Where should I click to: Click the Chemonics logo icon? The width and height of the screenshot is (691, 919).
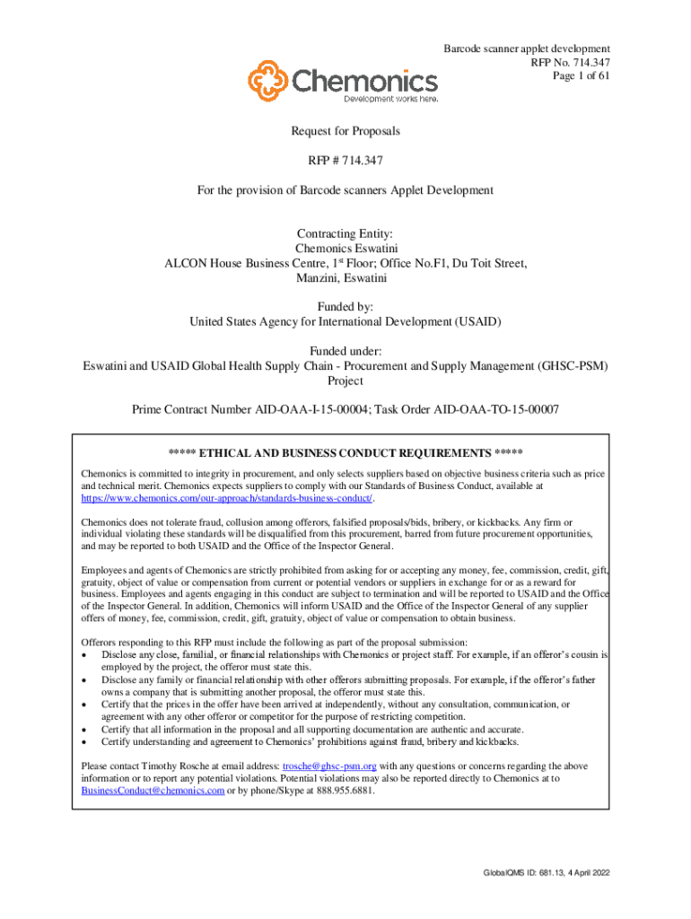pos(268,81)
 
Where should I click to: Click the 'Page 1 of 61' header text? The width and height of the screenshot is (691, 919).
pos(582,76)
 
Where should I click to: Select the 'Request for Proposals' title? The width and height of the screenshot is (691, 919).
pos(345,131)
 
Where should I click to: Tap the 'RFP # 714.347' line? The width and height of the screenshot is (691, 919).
pos(345,161)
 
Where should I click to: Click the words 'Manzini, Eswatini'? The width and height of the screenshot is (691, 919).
pos(345,277)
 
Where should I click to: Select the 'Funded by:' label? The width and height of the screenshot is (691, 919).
pos(345,306)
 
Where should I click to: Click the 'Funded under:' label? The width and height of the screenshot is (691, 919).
pos(345,350)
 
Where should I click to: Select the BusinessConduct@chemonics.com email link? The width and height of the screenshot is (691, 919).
pos(152,792)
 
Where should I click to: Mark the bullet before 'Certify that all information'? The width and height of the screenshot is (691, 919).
pos(84,730)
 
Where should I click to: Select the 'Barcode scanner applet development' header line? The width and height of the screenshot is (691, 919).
pos(528,48)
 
